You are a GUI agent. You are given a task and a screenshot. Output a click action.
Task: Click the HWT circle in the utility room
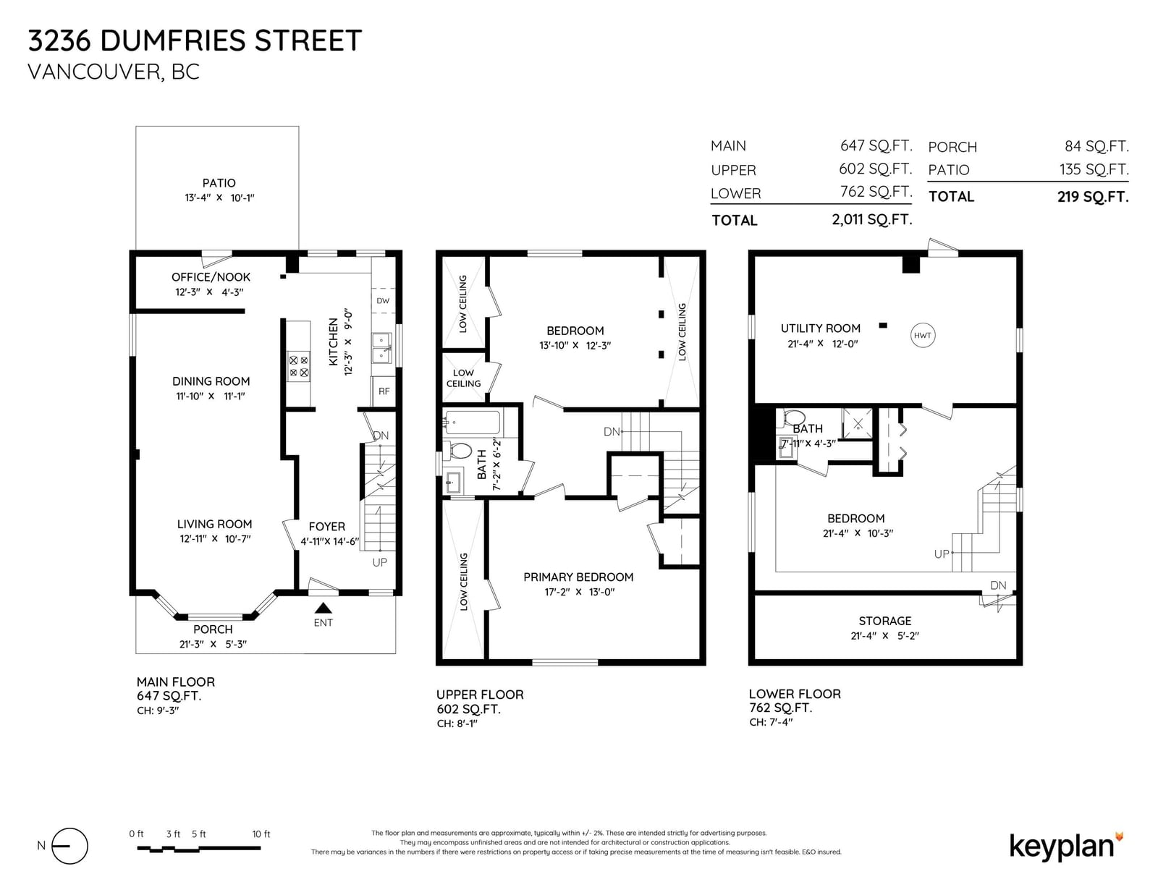coord(922,335)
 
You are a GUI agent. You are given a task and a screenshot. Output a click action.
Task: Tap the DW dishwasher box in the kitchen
coord(383,300)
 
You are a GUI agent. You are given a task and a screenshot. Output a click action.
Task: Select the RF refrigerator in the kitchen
coord(384,391)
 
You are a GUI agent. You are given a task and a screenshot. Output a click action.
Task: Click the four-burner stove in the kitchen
coord(298,366)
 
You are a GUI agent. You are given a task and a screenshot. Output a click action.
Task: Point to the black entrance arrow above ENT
coord(323,608)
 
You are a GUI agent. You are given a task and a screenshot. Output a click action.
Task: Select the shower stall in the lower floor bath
coord(857,423)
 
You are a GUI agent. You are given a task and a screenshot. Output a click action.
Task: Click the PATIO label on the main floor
coord(219,183)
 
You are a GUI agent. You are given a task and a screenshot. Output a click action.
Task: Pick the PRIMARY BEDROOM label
coord(578,577)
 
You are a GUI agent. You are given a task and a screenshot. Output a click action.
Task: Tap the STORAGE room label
coord(884,621)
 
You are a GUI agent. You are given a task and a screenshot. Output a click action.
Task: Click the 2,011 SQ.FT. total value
coord(872,219)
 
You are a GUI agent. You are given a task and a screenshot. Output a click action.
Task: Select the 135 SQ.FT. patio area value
coord(1094,169)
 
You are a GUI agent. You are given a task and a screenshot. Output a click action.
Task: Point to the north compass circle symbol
coord(69,846)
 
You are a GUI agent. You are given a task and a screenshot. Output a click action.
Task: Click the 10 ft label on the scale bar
coord(261,834)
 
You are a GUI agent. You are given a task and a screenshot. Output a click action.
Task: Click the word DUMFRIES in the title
coord(173,41)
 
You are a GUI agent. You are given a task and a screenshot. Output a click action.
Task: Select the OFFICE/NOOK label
coord(211,277)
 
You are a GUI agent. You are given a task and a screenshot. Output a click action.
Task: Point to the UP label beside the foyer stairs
coord(379,563)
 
